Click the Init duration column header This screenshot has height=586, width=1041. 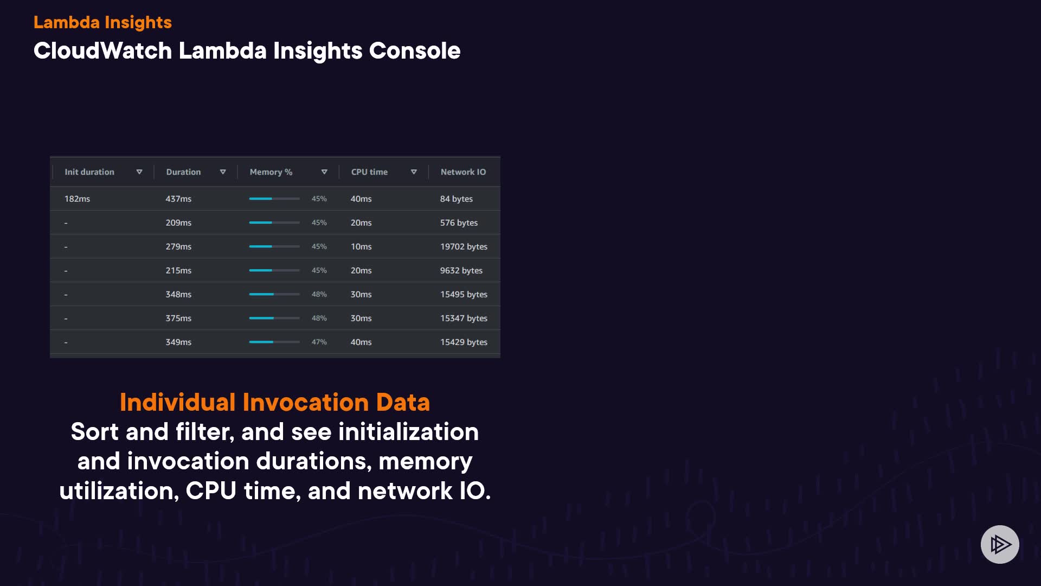coord(89,172)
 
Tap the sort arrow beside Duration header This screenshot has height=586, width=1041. coord(223,172)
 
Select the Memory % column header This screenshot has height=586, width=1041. coord(271,172)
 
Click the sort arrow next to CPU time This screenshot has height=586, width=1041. coord(414,172)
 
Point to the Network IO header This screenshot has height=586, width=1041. coord(463,172)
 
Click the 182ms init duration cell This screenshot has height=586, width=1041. coord(77,199)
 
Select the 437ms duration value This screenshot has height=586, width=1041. coord(178,199)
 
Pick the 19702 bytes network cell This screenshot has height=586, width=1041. coord(464,246)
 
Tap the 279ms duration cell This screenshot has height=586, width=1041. coord(178,246)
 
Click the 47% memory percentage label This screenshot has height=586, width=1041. coord(319,342)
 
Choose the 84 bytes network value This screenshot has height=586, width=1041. coord(457,199)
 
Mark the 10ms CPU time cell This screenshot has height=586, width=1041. coord(361,246)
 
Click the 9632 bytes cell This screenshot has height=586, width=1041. coord(461,270)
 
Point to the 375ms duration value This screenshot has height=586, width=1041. coord(178,318)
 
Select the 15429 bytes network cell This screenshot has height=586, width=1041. coord(464,342)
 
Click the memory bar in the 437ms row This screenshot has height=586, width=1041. coord(274,199)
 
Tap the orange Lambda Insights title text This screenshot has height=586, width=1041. coord(102,22)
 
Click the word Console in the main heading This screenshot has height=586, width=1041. coord(415,50)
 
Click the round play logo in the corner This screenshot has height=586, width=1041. coord(1000,544)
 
